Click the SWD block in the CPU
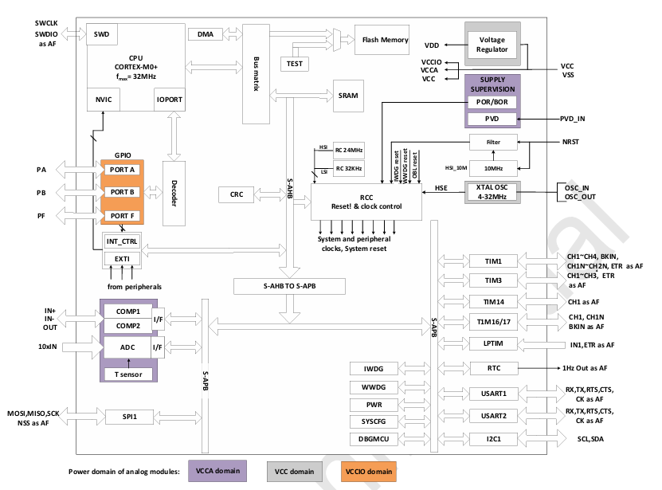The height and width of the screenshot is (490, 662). pyautogui.click(x=101, y=35)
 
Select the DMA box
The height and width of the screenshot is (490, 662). pyautogui.click(x=205, y=34)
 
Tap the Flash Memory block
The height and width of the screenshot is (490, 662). pyautogui.click(x=385, y=40)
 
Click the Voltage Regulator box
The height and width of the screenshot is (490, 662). pyautogui.click(x=492, y=45)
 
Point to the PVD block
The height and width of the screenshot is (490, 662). pyautogui.click(x=492, y=119)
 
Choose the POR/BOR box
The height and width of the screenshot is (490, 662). pyautogui.click(x=492, y=102)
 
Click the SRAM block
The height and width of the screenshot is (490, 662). pyautogui.click(x=348, y=95)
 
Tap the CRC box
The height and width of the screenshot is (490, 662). pyautogui.click(x=236, y=194)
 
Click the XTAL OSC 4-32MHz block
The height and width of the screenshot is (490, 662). pyautogui.click(x=492, y=192)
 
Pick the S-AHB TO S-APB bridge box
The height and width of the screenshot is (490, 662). pyautogui.click(x=290, y=285)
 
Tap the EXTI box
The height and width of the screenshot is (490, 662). pyautogui.click(x=122, y=258)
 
